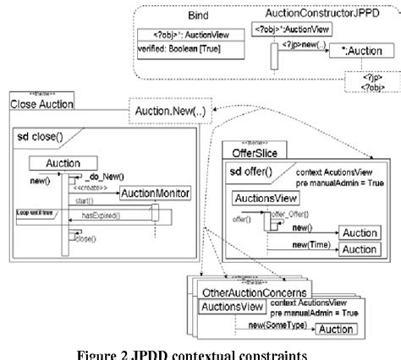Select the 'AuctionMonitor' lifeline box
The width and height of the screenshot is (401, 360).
[155, 194]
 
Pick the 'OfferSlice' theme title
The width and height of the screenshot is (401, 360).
[257, 152]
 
